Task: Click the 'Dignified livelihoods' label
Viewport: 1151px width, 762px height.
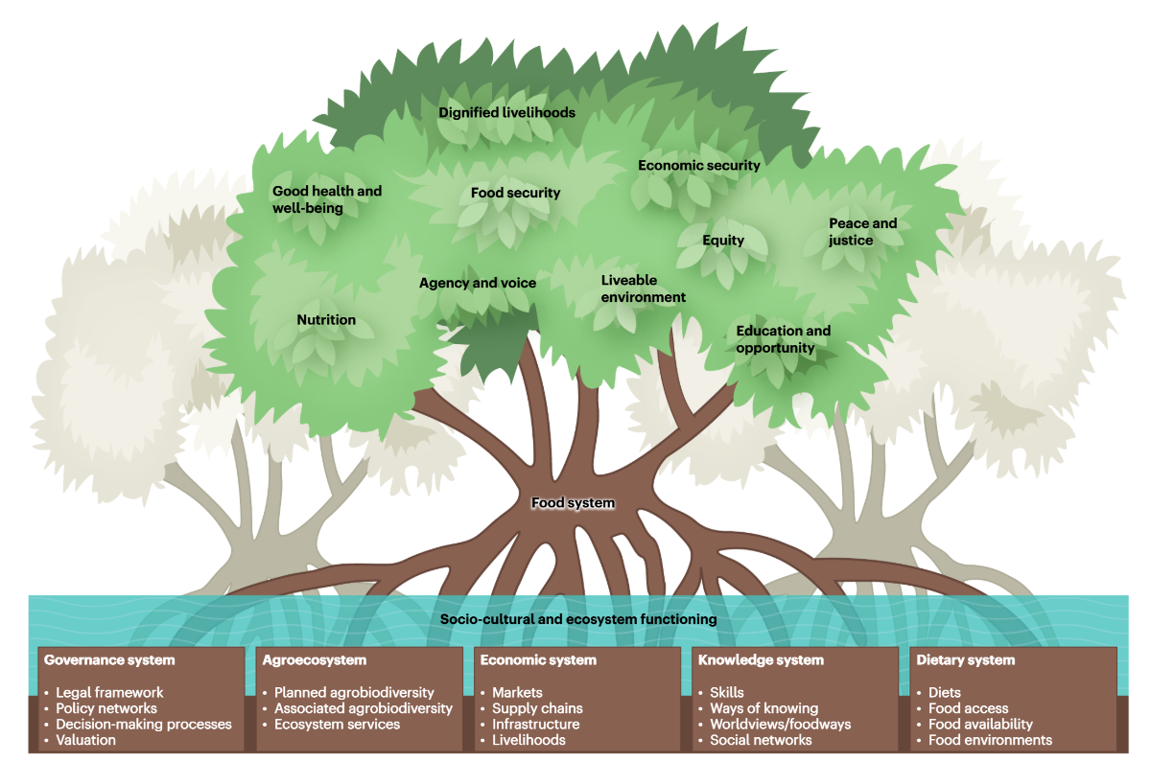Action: tap(506, 112)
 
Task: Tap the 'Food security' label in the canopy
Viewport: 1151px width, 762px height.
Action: tap(515, 193)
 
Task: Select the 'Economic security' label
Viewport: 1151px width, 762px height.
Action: tap(698, 165)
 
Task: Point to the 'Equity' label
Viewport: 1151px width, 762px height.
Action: tap(722, 240)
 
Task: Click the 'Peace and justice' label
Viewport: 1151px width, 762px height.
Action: tap(862, 231)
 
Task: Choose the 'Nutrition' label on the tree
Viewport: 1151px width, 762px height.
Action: tap(326, 320)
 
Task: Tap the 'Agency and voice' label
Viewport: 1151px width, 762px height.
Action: tap(478, 283)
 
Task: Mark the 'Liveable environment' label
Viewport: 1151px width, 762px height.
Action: tap(643, 289)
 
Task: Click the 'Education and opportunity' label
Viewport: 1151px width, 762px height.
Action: tap(783, 338)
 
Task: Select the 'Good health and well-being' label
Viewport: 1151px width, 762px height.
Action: tap(326, 198)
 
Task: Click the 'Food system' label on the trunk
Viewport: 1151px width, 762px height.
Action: tap(573, 502)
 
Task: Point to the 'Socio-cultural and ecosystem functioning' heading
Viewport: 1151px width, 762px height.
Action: tap(578, 619)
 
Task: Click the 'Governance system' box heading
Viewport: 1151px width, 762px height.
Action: tap(109, 659)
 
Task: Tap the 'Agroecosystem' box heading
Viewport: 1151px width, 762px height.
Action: tap(314, 659)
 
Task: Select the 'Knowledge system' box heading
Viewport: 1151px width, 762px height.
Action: tap(761, 659)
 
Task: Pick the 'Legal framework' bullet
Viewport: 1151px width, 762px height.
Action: tap(109, 692)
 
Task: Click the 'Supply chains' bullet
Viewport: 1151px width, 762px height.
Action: tap(537, 708)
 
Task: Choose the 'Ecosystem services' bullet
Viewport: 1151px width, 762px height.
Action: tap(337, 724)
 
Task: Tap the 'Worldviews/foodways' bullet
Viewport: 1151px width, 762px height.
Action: tap(780, 724)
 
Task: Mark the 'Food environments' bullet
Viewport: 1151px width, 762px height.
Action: tap(990, 740)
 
